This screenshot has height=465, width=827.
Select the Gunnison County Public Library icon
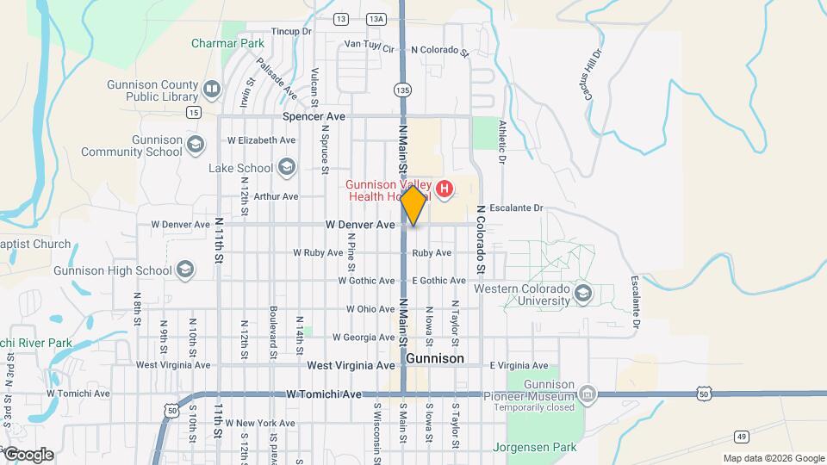(x=211, y=89)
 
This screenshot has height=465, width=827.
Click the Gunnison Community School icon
(x=196, y=145)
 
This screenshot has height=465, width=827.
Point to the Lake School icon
(x=286, y=167)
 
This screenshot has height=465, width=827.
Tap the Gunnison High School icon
(x=184, y=270)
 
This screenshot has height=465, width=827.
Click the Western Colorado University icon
(x=583, y=293)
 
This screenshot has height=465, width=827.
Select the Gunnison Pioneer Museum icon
(x=588, y=394)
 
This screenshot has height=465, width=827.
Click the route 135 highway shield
(x=403, y=89)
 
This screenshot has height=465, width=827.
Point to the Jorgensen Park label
(x=534, y=447)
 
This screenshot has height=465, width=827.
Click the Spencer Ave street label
(x=314, y=116)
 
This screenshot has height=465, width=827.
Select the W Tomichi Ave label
(x=324, y=394)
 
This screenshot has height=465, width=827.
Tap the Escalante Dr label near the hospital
(x=517, y=208)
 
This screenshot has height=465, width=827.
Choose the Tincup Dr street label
(x=291, y=31)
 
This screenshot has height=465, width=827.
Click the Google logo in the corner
(x=28, y=454)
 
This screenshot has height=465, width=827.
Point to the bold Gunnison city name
(x=434, y=358)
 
